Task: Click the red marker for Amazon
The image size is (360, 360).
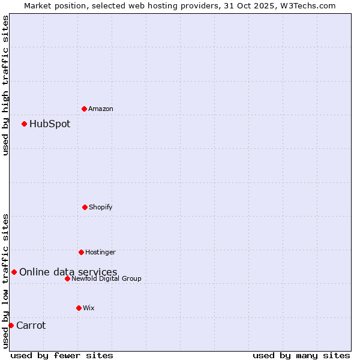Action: coord(84,109)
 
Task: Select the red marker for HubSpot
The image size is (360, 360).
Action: coord(24,124)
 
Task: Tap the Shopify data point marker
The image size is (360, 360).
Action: coord(85,207)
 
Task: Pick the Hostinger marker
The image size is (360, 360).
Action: coord(81,252)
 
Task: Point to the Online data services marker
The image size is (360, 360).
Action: coord(14,272)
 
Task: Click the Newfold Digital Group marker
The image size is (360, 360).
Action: coord(67,278)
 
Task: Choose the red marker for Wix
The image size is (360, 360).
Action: coord(79,308)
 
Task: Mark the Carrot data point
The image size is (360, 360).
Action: coord(11,326)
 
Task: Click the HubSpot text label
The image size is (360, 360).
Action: coord(50,124)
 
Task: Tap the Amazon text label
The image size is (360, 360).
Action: coord(101,109)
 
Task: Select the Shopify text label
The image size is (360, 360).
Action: coord(101,207)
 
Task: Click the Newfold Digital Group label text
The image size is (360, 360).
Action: coord(107,278)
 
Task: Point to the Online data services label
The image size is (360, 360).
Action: coord(68,272)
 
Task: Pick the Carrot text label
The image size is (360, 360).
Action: coord(31,326)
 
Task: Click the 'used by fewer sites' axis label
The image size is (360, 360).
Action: coord(62,355)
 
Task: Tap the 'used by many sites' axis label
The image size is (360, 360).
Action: coord(301,355)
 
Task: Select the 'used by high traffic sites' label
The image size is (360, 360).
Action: coord(5,85)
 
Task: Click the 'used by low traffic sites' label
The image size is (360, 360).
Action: coord(5,281)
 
